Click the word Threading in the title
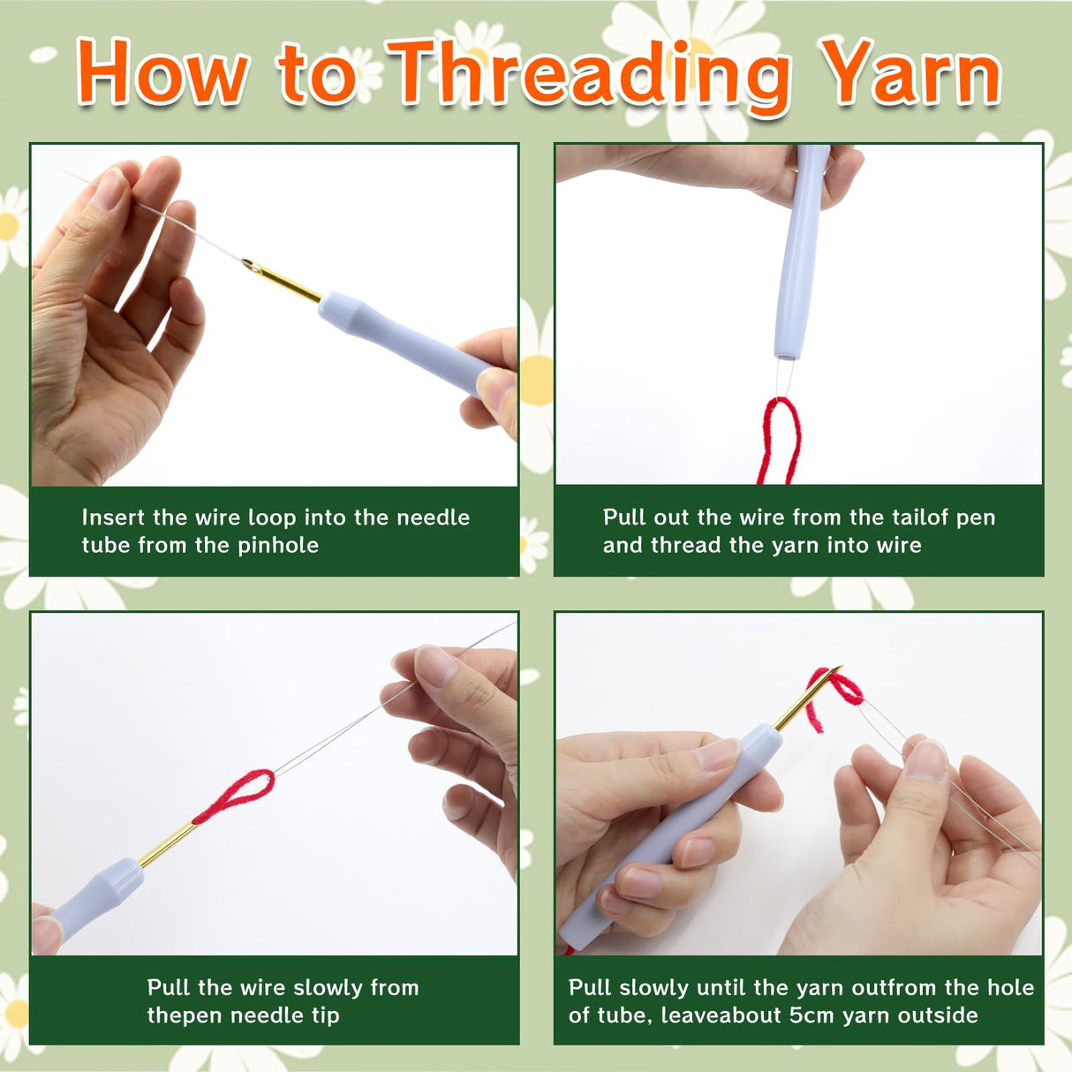[589, 77]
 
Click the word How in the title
[162, 72]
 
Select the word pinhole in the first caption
[278, 546]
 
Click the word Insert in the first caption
[114, 517]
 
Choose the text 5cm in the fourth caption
[812, 1015]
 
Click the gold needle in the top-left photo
[282, 281]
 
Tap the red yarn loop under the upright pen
[778, 441]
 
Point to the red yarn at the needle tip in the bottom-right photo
[835, 695]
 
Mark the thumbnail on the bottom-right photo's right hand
[925, 760]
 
